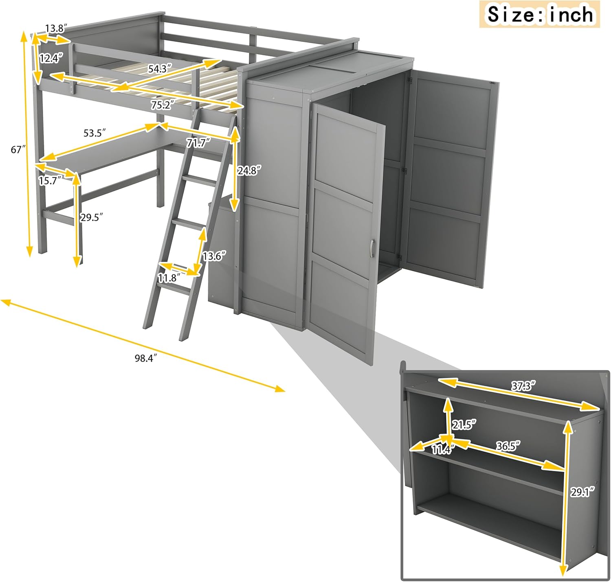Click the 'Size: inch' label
(540, 15)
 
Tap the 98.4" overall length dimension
(146, 358)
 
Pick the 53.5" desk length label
(95, 133)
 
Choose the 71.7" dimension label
(198, 142)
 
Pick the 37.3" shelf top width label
(523, 386)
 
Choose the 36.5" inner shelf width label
(508, 446)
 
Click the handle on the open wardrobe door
(371, 249)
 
